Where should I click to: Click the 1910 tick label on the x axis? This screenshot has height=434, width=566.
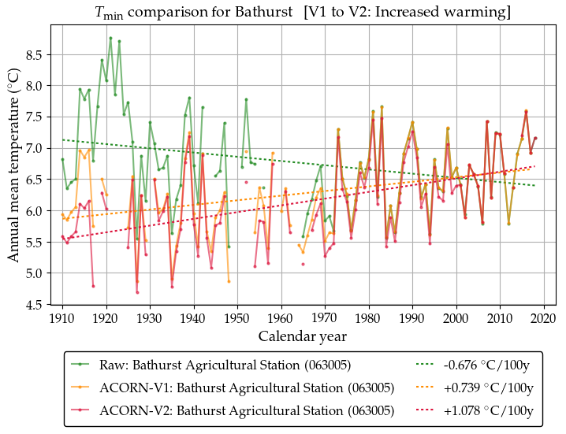62,318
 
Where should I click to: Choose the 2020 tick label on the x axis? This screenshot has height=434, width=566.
543,318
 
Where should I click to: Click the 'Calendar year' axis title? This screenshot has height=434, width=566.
303,336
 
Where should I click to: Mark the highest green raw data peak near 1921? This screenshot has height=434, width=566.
110,38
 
